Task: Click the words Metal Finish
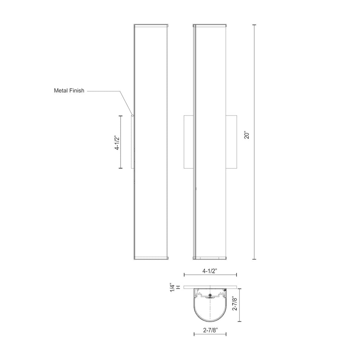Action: [69, 91]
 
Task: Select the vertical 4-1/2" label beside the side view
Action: [116, 142]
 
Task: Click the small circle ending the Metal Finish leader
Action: [132, 116]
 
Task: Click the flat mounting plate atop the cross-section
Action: [210, 287]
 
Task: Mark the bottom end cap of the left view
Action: [151, 257]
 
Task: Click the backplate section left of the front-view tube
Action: [188, 141]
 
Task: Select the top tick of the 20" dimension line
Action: [255, 24]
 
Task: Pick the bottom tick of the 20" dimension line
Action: [255, 258]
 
